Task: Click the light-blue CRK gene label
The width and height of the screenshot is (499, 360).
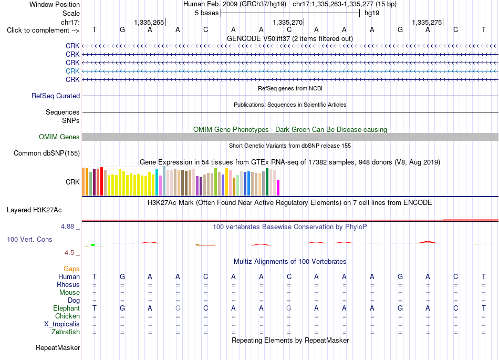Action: [x=72, y=71]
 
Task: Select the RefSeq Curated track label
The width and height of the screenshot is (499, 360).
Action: [x=56, y=96]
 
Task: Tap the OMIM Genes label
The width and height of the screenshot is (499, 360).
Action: [x=59, y=137]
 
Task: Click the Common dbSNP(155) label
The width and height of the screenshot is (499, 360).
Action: [x=47, y=153]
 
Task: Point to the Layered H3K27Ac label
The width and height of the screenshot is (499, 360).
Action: [x=34, y=210]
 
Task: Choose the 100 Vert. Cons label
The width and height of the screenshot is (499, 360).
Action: [x=29, y=239]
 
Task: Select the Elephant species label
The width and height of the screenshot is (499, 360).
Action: [x=67, y=308]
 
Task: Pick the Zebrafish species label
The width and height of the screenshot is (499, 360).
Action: [x=66, y=332]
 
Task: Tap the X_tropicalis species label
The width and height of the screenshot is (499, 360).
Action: [x=62, y=324]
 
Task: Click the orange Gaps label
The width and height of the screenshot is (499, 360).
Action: [x=71, y=269]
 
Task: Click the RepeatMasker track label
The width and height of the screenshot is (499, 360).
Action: [x=58, y=347]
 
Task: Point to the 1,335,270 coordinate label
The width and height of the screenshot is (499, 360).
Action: [x=288, y=22]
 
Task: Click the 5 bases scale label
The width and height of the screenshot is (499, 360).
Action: [x=207, y=13]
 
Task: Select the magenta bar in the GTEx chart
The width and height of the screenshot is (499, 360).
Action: [x=278, y=188]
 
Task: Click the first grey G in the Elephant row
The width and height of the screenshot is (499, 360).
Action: [x=178, y=308]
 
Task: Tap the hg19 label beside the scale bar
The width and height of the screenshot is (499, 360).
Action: [x=372, y=13]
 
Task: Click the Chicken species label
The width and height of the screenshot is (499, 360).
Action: [x=67, y=316]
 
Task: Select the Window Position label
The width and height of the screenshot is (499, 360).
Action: [x=55, y=4]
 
